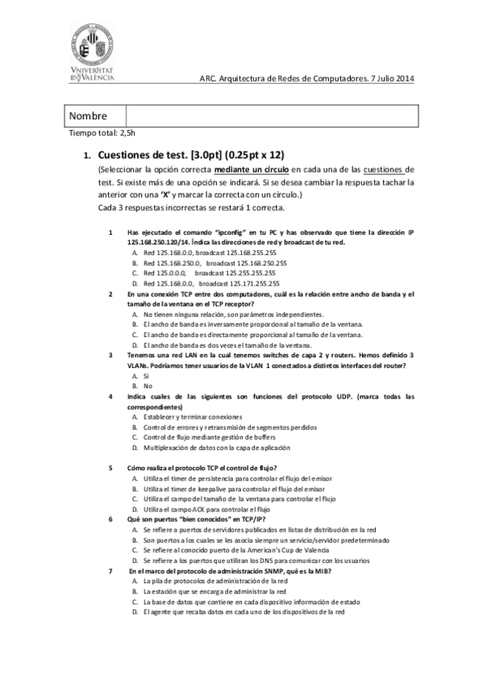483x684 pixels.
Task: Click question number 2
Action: (110, 294)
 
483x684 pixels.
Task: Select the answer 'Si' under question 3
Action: (146, 376)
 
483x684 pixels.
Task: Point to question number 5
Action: (110, 468)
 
